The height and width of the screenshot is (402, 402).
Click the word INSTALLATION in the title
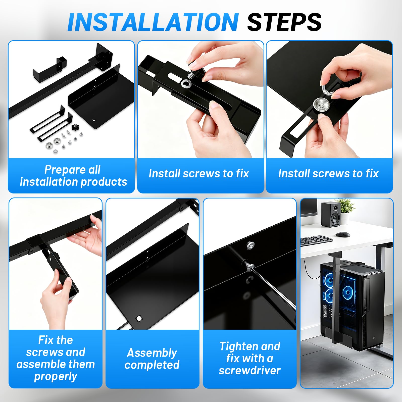point(153,22)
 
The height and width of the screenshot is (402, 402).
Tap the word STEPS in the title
point(284,22)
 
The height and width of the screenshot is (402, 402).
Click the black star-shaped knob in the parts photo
point(75,127)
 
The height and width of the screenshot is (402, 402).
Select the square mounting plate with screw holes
point(104,57)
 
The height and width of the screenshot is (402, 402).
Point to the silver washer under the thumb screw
point(186,84)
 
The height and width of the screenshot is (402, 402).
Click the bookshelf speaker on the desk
point(331,214)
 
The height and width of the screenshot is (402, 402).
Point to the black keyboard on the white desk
point(316,240)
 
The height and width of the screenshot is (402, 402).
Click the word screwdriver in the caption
point(249,370)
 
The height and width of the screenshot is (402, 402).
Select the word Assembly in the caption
point(152,353)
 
